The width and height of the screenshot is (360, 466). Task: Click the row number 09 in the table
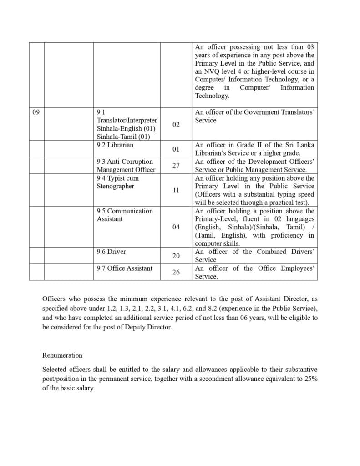tap(36, 112)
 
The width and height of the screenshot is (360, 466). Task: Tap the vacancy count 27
tap(176, 166)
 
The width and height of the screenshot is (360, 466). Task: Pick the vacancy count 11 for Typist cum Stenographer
tap(176, 190)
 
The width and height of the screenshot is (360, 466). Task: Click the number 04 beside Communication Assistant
tap(176, 227)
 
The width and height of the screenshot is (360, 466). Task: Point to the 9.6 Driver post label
tap(111, 252)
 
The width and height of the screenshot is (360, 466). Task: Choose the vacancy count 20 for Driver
tap(176, 256)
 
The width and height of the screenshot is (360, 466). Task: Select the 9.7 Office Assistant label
tap(124, 268)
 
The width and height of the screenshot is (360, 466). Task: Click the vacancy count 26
tap(176, 272)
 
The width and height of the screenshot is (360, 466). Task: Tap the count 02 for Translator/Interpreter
tap(176, 124)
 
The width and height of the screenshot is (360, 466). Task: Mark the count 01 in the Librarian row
tap(176, 149)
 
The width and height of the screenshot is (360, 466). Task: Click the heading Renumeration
tap(62, 355)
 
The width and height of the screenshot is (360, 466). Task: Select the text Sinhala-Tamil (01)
tap(123, 137)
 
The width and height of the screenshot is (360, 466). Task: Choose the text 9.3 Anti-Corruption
tap(125, 162)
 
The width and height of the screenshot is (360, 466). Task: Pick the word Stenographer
tap(115, 186)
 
